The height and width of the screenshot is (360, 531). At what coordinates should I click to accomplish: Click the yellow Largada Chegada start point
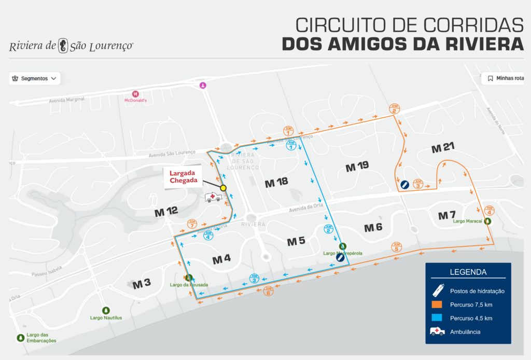click(223, 188)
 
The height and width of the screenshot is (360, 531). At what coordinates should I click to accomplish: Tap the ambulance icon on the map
click(213, 198)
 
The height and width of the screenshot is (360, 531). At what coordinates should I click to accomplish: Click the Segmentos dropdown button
click(35, 78)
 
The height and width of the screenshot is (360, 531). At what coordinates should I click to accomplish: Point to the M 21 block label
click(443, 148)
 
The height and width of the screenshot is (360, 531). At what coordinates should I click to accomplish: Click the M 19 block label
click(357, 167)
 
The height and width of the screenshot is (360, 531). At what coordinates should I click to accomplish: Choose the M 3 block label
click(142, 283)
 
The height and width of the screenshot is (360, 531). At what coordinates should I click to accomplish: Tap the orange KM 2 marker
click(394, 109)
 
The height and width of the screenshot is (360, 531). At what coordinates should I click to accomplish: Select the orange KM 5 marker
click(397, 247)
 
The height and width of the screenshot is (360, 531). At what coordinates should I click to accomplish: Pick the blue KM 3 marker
click(254, 278)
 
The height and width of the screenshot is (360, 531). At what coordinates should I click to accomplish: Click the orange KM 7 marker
click(192, 224)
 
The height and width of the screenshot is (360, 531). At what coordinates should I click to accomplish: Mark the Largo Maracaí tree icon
click(488, 221)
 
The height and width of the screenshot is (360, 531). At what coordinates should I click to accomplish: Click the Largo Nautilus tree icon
click(106, 310)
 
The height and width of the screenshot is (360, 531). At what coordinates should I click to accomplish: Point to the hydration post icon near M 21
click(403, 184)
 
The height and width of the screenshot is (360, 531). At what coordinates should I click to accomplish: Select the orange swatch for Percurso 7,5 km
click(437, 304)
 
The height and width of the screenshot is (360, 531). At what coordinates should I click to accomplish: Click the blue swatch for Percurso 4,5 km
click(437, 318)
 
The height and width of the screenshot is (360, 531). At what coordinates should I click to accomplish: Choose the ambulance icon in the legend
click(437, 331)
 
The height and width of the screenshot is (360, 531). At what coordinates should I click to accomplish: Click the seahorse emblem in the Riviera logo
click(63, 45)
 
